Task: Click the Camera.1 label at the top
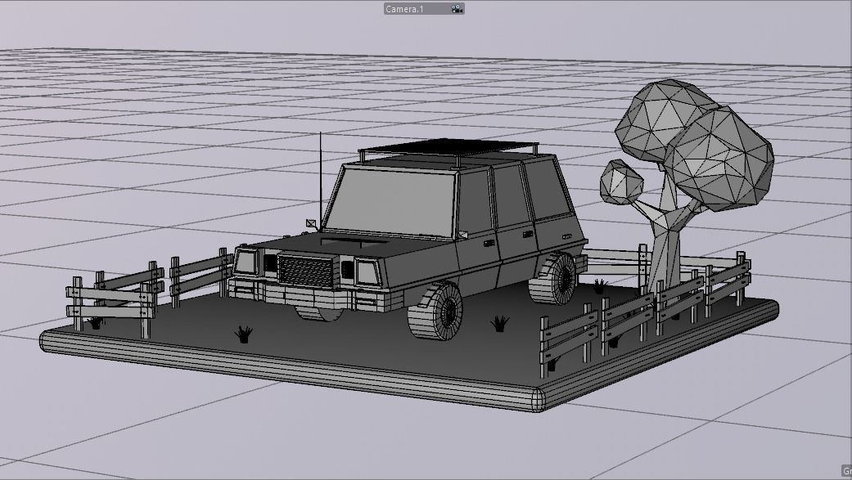click(405, 9)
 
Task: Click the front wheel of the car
click(435, 312)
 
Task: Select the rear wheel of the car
click(558, 279)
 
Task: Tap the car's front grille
click(304, 269)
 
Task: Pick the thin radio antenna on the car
click(320, 176)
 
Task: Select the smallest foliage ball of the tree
click(621, 181)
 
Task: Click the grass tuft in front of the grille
click(243, 333)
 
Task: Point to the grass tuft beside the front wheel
click(499, 324)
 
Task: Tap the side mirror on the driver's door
click(463, 236)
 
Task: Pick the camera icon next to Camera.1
click(457, 9)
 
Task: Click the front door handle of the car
click(489, 243)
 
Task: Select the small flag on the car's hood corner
click(310, 222)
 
